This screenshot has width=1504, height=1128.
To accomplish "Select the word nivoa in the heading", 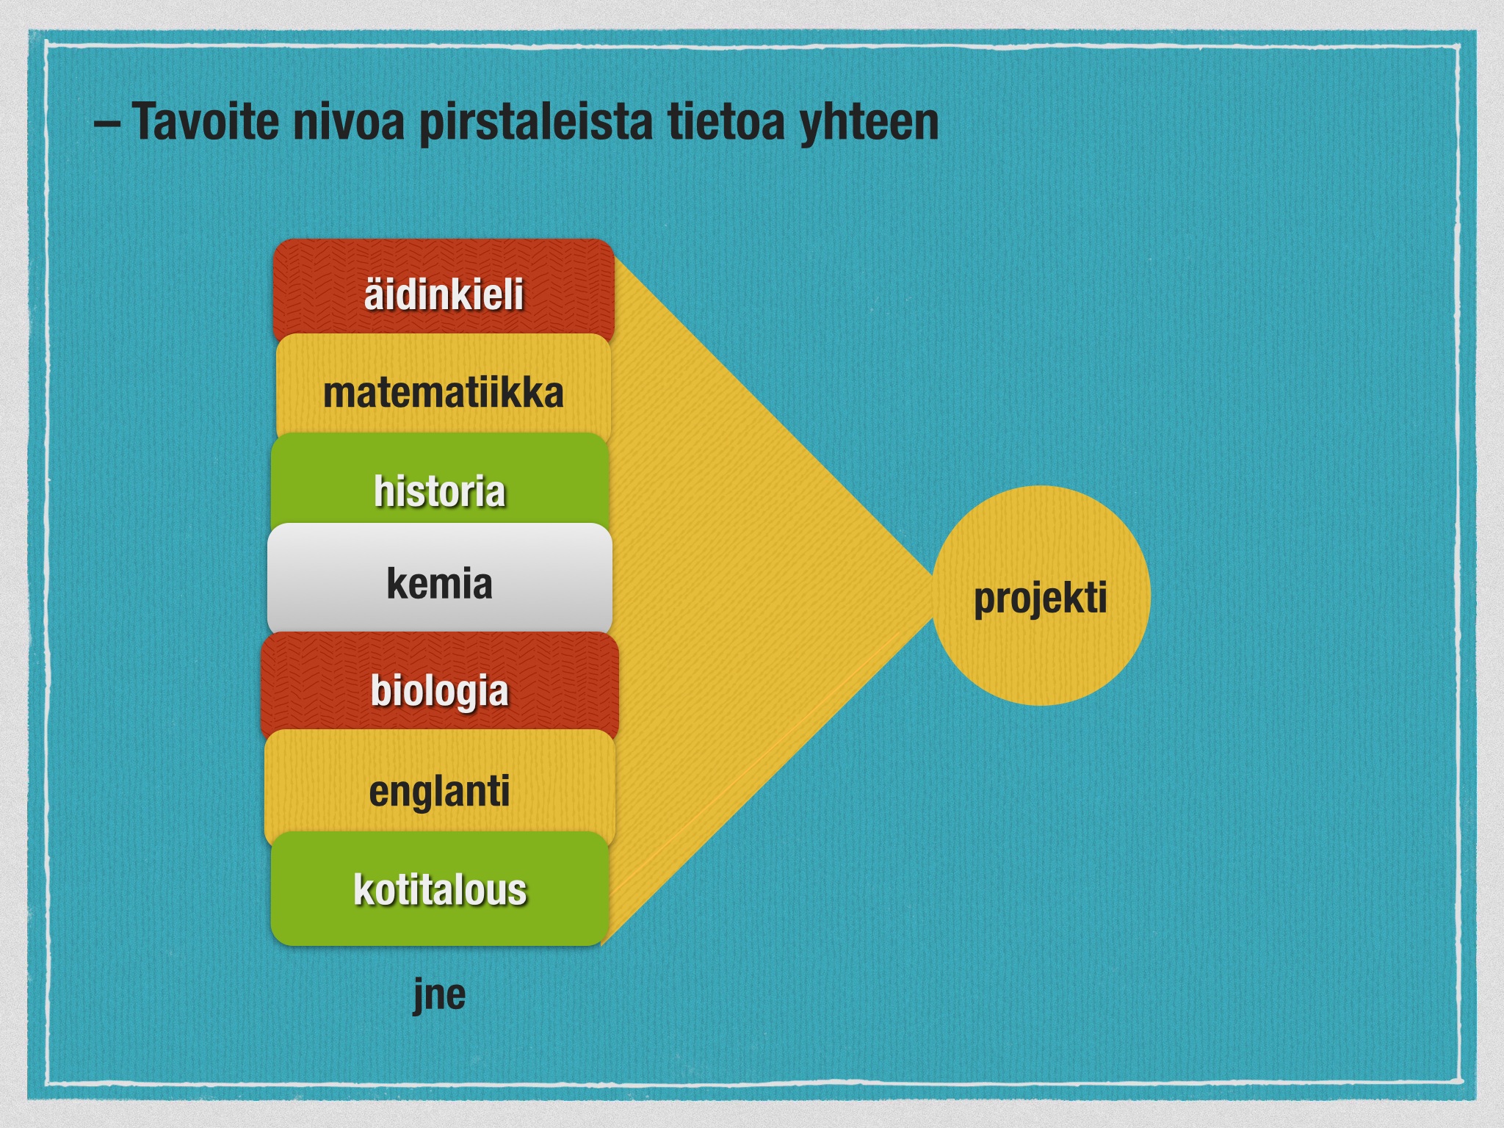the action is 349,121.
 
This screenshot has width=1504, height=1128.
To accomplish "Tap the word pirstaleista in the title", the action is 535,122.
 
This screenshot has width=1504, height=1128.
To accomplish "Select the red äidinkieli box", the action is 444,290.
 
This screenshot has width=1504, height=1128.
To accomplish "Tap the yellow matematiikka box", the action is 444,387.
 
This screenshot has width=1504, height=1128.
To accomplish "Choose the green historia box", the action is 440,481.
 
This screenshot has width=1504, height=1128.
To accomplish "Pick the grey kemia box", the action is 440,579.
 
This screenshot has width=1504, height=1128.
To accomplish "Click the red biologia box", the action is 440,684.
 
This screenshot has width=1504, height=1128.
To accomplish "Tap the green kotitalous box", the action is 440,889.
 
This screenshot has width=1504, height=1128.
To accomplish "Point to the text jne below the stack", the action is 439,994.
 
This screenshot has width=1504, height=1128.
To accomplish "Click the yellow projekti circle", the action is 1041,596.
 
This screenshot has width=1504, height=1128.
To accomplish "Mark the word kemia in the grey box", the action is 439,584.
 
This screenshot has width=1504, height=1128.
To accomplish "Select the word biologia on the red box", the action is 439,691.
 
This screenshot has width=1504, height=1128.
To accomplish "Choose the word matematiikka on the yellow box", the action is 444,393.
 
